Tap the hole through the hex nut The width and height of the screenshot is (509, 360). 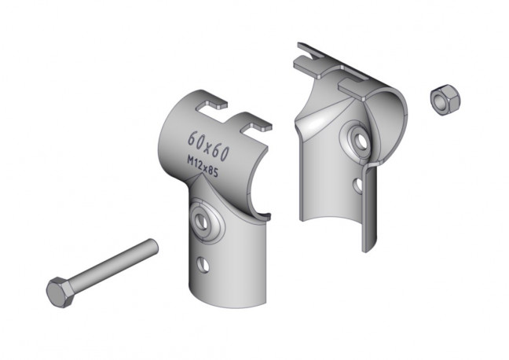pyautogui.click(x=441, y=101)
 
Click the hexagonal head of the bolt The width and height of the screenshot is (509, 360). pyautogui.click(x=60, y=292)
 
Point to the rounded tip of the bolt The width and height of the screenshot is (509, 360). pyautogui.click(x=153, y=246)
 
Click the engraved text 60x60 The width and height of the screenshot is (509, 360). pyautogui.click(x=209, y=146)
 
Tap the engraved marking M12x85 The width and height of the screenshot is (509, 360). pyautogui.click(x=203, y=167)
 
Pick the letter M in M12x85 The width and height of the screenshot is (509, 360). pyautogui.click(x=191, y=161)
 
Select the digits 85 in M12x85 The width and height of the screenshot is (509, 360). pyautogui.click(x=214, y=172)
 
